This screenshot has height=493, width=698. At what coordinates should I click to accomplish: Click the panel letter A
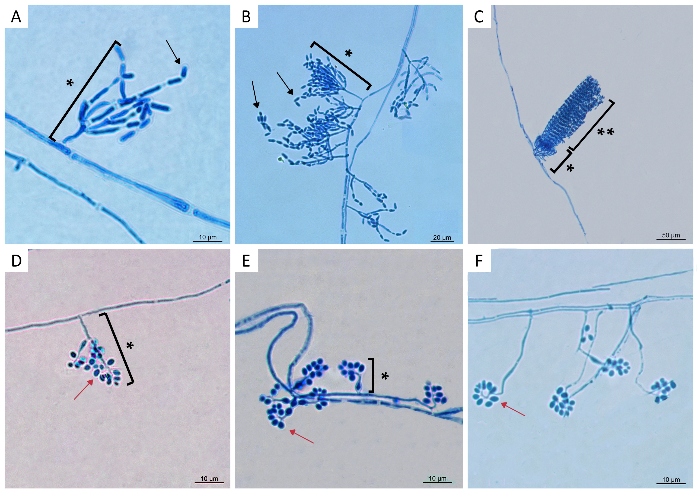16,16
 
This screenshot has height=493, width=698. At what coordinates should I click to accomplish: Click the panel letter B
246,16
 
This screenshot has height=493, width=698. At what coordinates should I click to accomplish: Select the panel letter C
479,16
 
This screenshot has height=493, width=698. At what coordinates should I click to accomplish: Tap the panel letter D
16,261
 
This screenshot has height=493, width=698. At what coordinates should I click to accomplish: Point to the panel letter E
246,261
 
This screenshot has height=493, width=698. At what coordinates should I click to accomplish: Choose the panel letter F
479,261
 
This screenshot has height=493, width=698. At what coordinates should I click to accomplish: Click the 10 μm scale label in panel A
208,237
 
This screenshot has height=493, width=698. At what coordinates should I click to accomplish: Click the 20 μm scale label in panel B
442,237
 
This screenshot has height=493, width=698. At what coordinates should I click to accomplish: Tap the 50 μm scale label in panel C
671,235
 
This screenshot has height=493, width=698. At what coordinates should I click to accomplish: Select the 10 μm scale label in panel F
671,479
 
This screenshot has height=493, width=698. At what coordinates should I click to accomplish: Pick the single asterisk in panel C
570,168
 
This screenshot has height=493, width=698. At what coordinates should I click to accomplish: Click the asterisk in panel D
130,345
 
